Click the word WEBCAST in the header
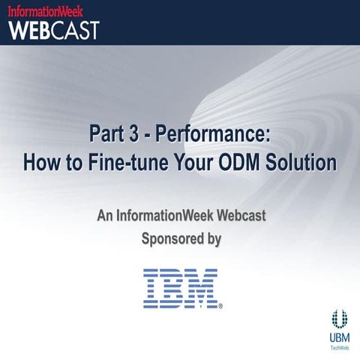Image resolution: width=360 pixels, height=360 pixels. click(54, 30)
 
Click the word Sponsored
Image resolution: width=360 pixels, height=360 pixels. click(172, 239)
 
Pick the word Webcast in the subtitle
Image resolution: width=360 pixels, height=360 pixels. click(241, 216)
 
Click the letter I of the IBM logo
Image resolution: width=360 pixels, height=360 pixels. click(153, 288)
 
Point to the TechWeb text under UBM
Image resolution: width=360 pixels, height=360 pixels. click(340, 347)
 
